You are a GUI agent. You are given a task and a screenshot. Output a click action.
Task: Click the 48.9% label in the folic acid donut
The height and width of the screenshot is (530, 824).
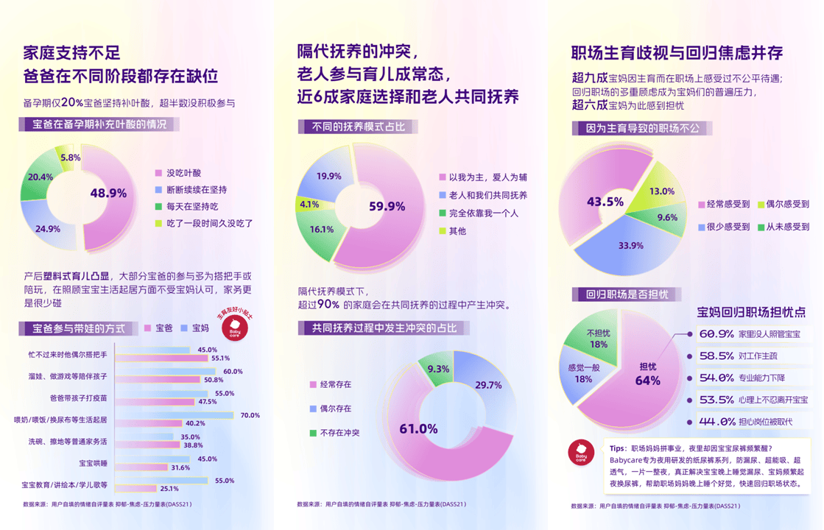pos(108,194)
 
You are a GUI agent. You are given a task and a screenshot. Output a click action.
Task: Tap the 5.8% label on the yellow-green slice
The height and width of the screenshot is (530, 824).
pos(71,158)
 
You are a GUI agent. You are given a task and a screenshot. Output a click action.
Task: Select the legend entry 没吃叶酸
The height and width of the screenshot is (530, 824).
pos(183,173)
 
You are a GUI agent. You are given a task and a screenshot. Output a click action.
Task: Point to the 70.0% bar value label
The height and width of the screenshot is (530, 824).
pos(250,415)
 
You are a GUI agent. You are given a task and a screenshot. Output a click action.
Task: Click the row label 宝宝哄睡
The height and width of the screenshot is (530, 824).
pos(93,463)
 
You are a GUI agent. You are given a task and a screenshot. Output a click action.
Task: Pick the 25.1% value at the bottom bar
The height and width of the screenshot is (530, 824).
pos(169,488)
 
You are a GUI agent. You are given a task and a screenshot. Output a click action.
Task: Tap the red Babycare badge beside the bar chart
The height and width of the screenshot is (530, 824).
pos(235,328)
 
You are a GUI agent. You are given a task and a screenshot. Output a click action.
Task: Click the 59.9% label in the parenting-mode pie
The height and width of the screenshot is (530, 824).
pos(387,207)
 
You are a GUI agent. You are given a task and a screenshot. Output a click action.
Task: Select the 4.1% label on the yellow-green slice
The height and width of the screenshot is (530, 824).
pos(309,205)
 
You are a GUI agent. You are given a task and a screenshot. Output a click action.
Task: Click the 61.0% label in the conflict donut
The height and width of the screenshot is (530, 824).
pos(418,428)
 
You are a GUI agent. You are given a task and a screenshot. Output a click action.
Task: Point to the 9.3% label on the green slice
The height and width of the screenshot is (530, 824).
pos(438,369)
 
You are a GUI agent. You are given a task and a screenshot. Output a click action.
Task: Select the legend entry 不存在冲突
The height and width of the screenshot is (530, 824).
pos(339,433)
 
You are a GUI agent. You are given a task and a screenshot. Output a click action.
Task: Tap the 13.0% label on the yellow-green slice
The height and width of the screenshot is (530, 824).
pos(661,191)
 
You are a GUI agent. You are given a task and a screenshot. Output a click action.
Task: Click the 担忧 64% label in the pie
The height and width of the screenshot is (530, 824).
pos(648,373)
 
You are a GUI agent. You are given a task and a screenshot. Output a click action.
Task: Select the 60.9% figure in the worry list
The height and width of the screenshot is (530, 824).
pos(716,334)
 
